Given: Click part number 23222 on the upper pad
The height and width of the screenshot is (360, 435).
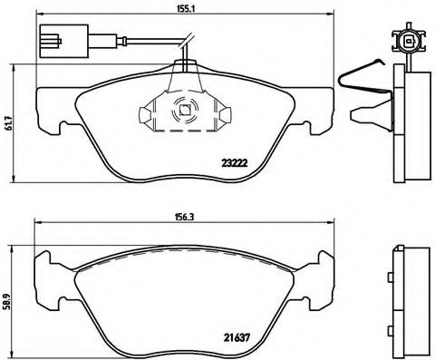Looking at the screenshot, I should tap(237, 163).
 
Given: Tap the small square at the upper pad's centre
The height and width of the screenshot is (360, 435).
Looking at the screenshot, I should tap(184, 112).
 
